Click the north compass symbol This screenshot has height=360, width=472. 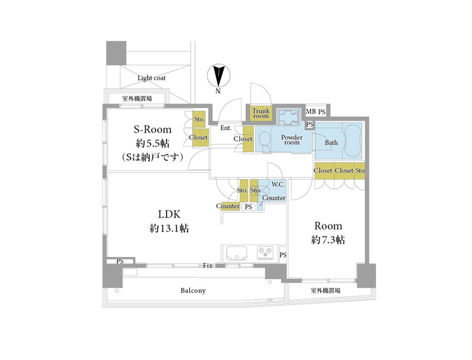[x=218, y=76]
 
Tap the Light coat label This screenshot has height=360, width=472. [x=152, y=78]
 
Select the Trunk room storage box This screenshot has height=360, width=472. [x=261, y=113]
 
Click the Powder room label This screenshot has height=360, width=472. [x=291, y=140]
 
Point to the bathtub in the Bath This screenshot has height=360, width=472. [x=353, y=140]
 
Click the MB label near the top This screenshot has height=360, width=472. [x=311, y=112]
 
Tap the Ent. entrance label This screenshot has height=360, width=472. [x=226, y=128]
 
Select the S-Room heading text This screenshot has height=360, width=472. [x=152, y=130]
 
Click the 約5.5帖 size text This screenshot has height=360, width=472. [x=152, y=143]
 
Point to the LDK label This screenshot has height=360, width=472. [x=170, y=214]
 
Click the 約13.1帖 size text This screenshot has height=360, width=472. [x=169, y=229]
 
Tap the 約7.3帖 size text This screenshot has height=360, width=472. [x=328, y=240]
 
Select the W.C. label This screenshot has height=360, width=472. [x=278, y=184]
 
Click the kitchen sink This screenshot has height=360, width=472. [x=237, y=253]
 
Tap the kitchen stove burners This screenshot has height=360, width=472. [x=265, y=253]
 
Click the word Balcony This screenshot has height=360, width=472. [x=193, y=291]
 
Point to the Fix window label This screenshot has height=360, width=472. [x=208, y=266]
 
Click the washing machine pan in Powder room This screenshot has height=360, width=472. [x=288, y=118]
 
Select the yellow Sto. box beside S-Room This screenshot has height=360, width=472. [x=199, y=119]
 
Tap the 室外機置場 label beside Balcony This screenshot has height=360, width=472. [x=326, y=291]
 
